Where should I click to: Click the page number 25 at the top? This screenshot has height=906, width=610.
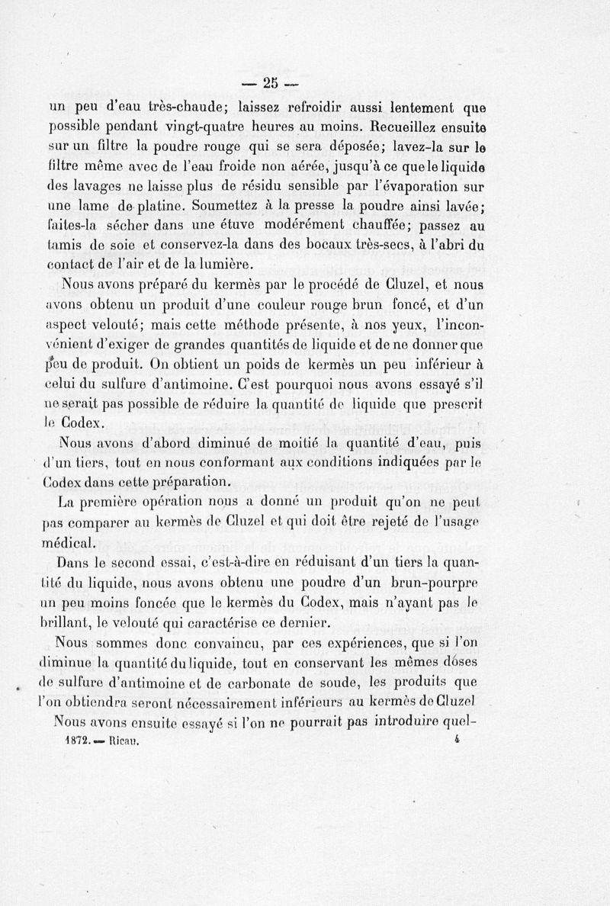point(270,83)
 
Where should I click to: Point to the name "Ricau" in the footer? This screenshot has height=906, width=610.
point(124,740)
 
